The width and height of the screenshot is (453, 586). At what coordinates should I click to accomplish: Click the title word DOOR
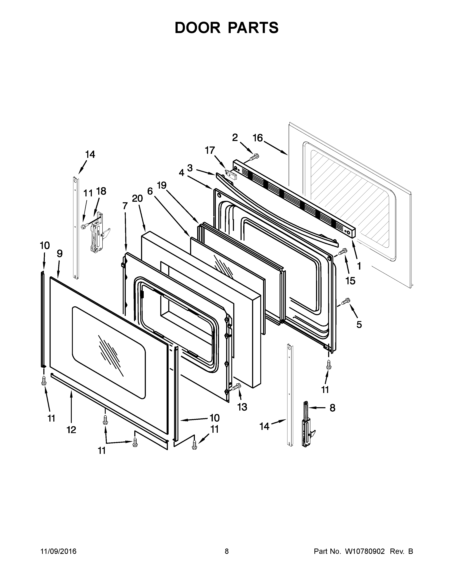[x=197, y=28]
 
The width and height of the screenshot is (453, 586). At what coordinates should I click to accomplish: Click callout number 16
[x=258, y=138]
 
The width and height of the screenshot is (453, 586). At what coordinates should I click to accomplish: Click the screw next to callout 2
[x=254, y=156]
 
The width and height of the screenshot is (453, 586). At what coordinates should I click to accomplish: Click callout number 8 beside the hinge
[x=332, y=408]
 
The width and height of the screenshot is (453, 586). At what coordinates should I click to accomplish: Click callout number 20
[x=137, y=198]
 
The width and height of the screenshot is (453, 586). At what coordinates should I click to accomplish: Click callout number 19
[x=161, y=185]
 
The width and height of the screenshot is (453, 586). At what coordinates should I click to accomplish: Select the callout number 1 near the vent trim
[x=359, y=266]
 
